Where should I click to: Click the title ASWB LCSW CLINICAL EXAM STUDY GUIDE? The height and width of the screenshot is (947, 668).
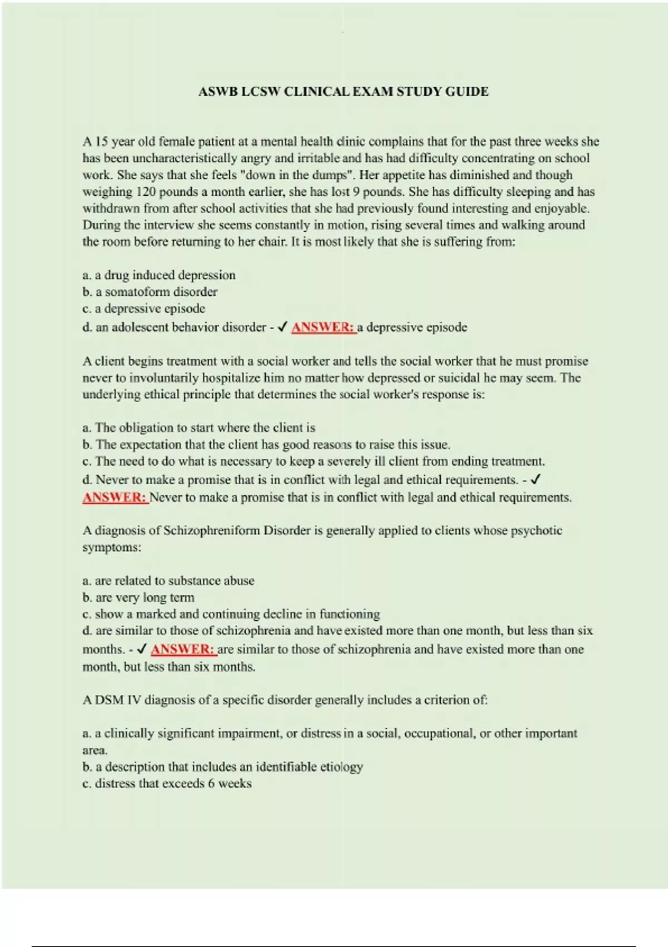(343, 92)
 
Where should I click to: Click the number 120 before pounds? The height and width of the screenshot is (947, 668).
(146, 192)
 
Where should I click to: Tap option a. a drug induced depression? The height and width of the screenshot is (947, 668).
(159, 275)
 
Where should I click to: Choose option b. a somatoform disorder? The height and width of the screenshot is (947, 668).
(150, 292)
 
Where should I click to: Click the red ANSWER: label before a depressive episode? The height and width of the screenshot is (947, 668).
(323, 328)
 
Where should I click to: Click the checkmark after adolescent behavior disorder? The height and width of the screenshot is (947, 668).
(282, 328)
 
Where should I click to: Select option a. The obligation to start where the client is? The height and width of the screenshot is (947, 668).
(199, 428)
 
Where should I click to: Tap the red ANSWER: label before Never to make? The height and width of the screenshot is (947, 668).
(115, 497)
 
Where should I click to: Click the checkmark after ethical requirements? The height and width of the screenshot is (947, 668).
(536, 480)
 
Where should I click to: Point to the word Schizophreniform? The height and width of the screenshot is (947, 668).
(212, 530)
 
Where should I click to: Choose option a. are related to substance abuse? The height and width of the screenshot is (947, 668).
(168, 581)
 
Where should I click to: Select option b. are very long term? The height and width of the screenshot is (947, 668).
(139, 598)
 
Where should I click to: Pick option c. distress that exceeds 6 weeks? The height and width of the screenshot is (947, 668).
(167, 784)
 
